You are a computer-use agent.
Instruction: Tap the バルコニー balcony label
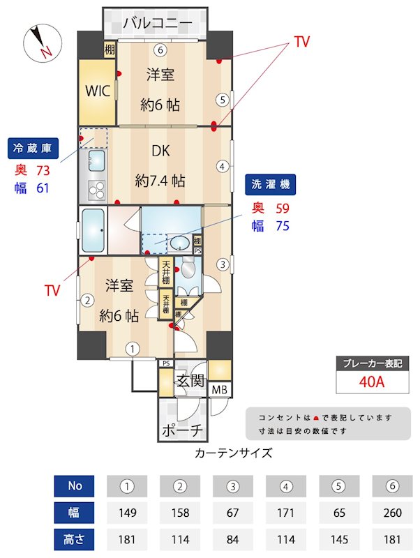(157, 24)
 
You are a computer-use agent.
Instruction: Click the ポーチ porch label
(182, 430)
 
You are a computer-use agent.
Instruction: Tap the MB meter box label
(219, 389)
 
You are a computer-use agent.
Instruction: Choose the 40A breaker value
(373, 382)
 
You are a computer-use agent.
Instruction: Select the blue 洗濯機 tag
(271, 184)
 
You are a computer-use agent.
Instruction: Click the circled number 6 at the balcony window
(160, 50)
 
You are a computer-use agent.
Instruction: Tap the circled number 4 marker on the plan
(222, 167)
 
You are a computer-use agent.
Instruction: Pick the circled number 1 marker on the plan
(133, 348)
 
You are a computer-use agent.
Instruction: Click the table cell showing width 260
(392, 513)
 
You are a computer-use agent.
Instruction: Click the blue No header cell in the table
(75, 486)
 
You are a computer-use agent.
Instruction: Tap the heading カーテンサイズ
(233, 453)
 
